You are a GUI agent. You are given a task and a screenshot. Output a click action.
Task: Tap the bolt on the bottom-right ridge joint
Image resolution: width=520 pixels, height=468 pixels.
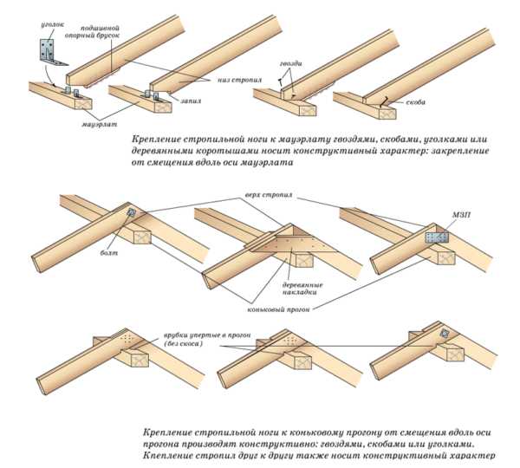pos(445,333)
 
